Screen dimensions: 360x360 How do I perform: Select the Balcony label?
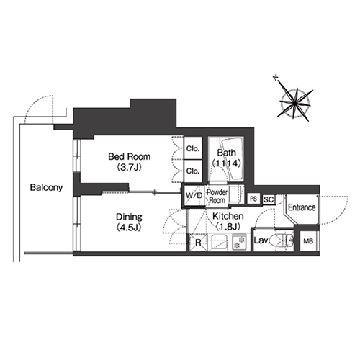pyautogui.click(x=46, y=187)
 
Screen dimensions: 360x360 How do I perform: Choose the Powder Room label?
pyautogui.click(x=217, y=196)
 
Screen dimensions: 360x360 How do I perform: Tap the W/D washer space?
pyautogui.click(x=194, y=196)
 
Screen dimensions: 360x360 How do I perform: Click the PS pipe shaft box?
pyautogui.click(x=253, y=199)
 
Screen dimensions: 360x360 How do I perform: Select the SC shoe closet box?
pyautogui.click(x=269, y=199)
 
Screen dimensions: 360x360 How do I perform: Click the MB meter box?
pyautogui.click(x=308, y=241)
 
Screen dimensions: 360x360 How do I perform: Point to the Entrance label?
pyautogui.click(x=302, y=207)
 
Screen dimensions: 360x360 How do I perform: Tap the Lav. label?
pyautogui.click(x=262, y=240)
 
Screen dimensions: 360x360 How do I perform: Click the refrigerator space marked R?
pyautogui.click(x=197, y=243)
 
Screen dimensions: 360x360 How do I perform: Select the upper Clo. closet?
pyautogui.click(x=193, y=148)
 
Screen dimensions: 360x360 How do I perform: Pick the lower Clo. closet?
pyautogui.click(x=193, y=171)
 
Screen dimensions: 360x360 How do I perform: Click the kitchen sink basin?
pyautogui.click(x=220, y=242)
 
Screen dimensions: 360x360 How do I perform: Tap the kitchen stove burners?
pyautogui.click(x=239, y=242)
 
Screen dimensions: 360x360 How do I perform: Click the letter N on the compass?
pyautogui.click(x=276, y=78)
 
